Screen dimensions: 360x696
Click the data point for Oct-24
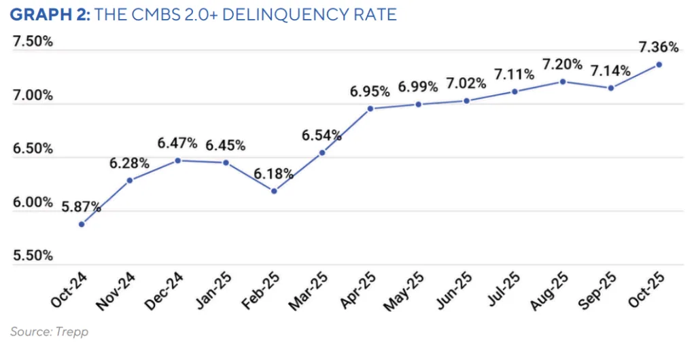82,223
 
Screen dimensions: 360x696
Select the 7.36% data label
659,48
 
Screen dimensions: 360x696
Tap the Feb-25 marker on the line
274,191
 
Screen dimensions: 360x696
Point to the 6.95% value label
370,91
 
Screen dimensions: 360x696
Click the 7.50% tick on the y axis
33,41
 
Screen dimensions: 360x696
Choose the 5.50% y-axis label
33,255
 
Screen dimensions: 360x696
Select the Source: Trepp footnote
50,331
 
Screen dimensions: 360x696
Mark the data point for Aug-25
563,82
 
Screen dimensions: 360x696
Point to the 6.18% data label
274,174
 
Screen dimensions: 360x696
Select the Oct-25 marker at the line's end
659,65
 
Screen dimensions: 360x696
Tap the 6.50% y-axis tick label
33,149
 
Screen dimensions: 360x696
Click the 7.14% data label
610,71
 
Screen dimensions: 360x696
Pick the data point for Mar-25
322,152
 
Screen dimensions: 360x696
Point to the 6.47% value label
177,143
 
